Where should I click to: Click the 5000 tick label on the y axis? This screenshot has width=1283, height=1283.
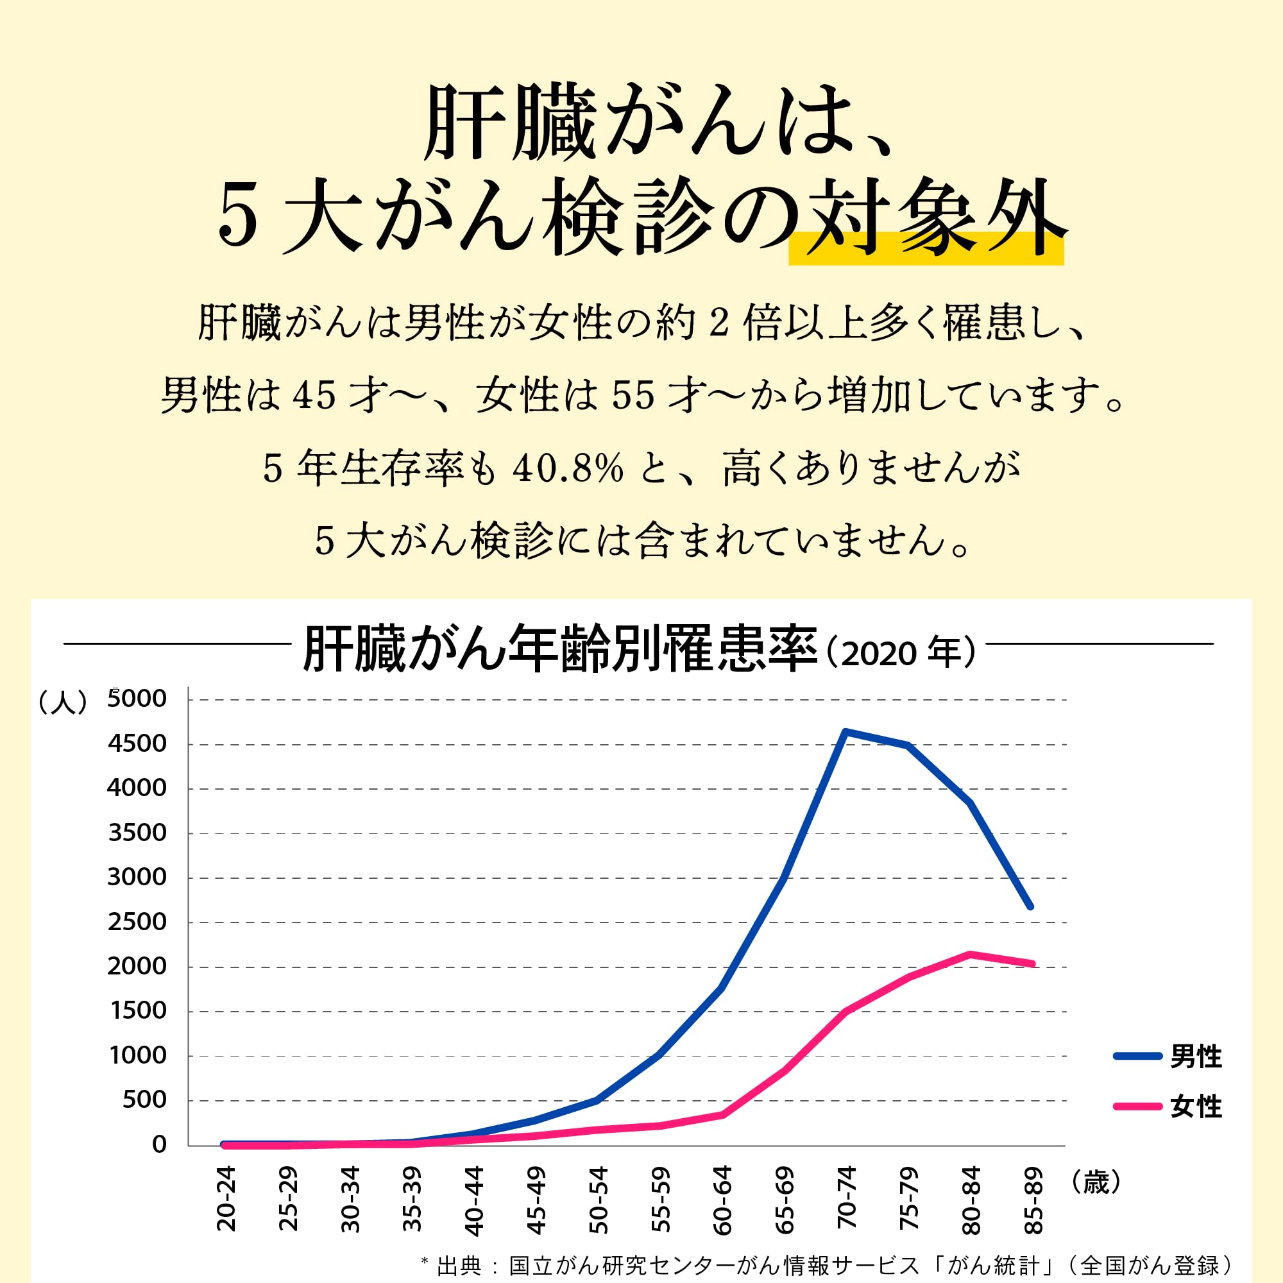137,699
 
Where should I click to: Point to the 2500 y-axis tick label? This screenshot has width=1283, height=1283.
137,922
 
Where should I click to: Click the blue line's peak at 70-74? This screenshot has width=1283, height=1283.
845,732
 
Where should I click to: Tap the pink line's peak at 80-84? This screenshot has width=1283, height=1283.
970,955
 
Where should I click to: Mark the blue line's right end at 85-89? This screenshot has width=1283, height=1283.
1030,906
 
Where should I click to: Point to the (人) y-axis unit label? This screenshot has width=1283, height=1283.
63,702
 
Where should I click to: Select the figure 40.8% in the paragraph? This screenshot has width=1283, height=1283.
568,469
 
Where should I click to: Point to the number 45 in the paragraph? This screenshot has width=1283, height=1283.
314,396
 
